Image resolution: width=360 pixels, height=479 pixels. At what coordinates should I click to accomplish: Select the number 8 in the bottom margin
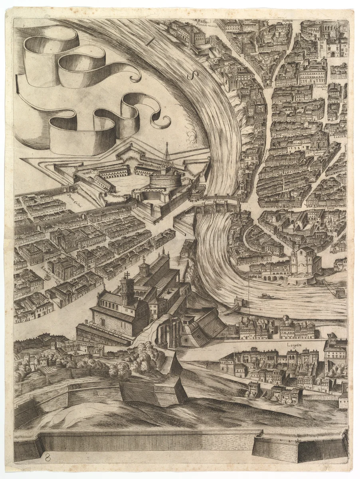pos(48,458)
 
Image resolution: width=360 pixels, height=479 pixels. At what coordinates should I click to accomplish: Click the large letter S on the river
pos(194,74)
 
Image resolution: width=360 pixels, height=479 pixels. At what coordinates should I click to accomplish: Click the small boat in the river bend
pos(266,296)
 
